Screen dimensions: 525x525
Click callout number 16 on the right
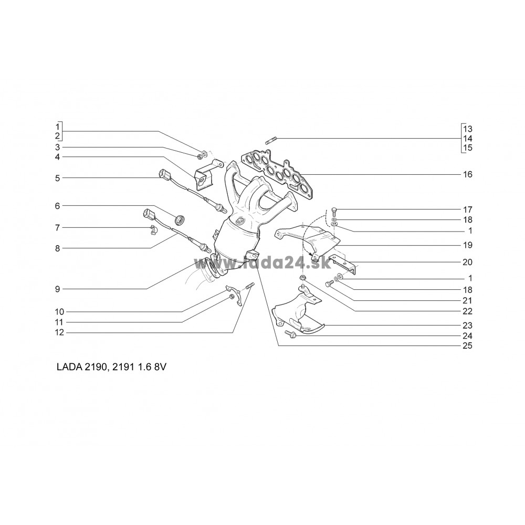[x=467, y=174]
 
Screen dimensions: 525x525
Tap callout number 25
[x=467, y=345]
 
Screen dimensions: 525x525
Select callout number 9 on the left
[x=58, y=289]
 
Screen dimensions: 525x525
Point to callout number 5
[x=58, y=178]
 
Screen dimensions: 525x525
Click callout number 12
[x=59, y=332]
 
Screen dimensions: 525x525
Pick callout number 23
[x=467, y=325]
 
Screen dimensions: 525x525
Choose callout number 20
[x=467, y=262]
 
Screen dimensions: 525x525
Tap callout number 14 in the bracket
[x=468, y=138]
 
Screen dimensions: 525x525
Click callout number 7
[x=58, y=228]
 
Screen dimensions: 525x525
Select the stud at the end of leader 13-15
[x=270, y=140]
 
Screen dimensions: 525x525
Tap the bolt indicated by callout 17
[x=333, y=212]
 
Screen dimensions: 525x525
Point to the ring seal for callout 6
[x=180, y=219]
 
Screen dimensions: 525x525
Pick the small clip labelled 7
[x=153, y=230]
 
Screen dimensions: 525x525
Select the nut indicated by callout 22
[x=302, y=277]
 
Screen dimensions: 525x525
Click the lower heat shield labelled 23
[x=298, y=313]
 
